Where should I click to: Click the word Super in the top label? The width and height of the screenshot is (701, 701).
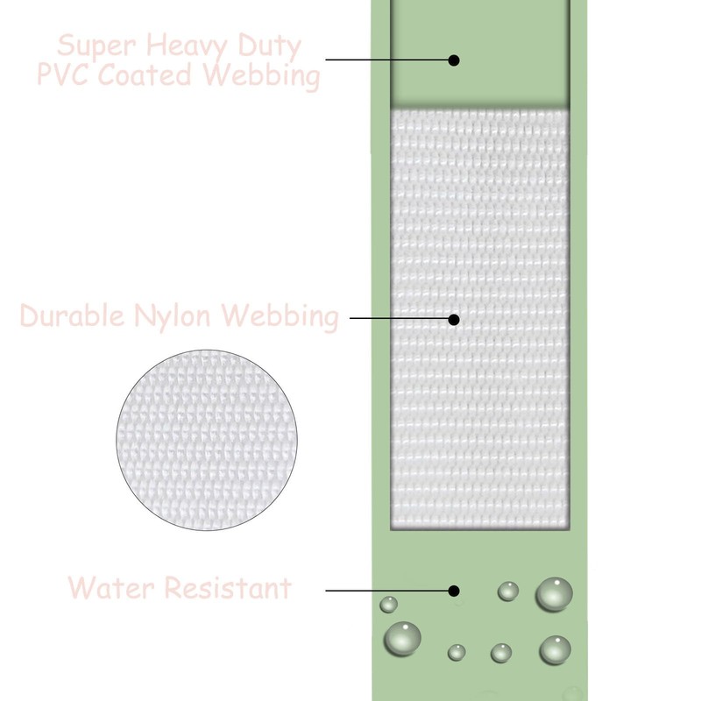[96, 46]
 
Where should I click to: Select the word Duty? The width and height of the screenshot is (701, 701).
[270, 47]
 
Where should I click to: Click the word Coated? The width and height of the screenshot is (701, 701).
[145, 74]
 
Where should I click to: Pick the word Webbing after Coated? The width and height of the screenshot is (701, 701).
[259, 76]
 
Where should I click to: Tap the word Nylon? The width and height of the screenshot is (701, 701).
[172, 316]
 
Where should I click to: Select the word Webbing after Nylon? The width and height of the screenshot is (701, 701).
[279, 317]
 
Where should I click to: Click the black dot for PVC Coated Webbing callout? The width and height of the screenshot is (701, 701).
[454, 60]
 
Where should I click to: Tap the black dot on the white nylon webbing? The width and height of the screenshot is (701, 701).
[454, 319]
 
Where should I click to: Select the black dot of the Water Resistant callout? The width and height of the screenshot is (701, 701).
[454, 591]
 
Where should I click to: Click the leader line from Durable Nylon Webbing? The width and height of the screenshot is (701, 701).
[400, 318]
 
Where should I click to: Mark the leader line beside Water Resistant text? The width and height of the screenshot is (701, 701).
[387, 591]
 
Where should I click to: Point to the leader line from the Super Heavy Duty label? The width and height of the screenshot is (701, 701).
[387, 59]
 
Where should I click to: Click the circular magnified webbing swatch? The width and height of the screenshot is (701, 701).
[207, 440]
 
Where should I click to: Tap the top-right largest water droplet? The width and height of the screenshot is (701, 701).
[554, 594]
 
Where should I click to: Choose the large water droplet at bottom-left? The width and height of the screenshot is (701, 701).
[402, 639]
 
